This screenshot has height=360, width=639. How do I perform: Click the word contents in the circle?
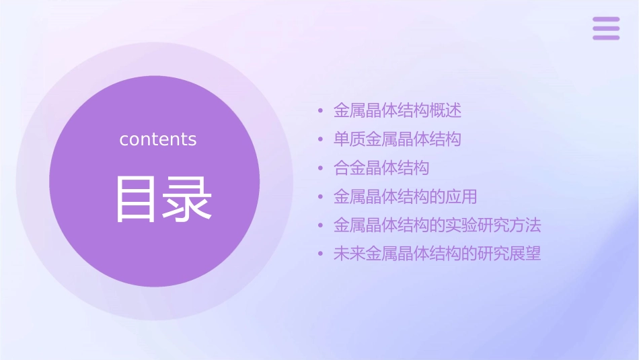(158, 139)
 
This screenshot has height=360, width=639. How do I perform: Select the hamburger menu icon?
(606, 28)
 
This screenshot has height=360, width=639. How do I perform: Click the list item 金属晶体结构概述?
(398, 110)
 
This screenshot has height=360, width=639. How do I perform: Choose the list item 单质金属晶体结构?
(398, 139)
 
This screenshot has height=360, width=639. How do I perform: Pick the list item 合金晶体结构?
(381, 168)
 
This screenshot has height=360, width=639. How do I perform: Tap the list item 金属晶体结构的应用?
(406, 196)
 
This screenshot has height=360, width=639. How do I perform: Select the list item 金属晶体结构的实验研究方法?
(437, 225)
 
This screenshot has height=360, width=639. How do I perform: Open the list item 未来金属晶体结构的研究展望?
(437, 254)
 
